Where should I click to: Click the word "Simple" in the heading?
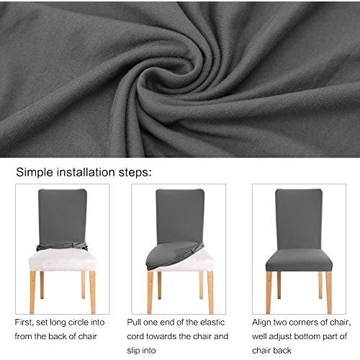(35, 173)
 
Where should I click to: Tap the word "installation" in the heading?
(86, 172)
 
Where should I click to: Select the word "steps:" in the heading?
(135, 173)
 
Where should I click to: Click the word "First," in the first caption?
(24, 323)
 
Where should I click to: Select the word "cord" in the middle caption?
(135, 336)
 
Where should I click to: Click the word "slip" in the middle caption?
(132, 351)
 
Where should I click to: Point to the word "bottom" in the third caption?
(312, 336)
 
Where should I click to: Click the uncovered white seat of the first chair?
(62, 261)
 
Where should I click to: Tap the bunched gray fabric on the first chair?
(62, 246)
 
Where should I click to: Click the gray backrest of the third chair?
(299, 220)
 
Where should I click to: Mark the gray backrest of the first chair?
(63, 217)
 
